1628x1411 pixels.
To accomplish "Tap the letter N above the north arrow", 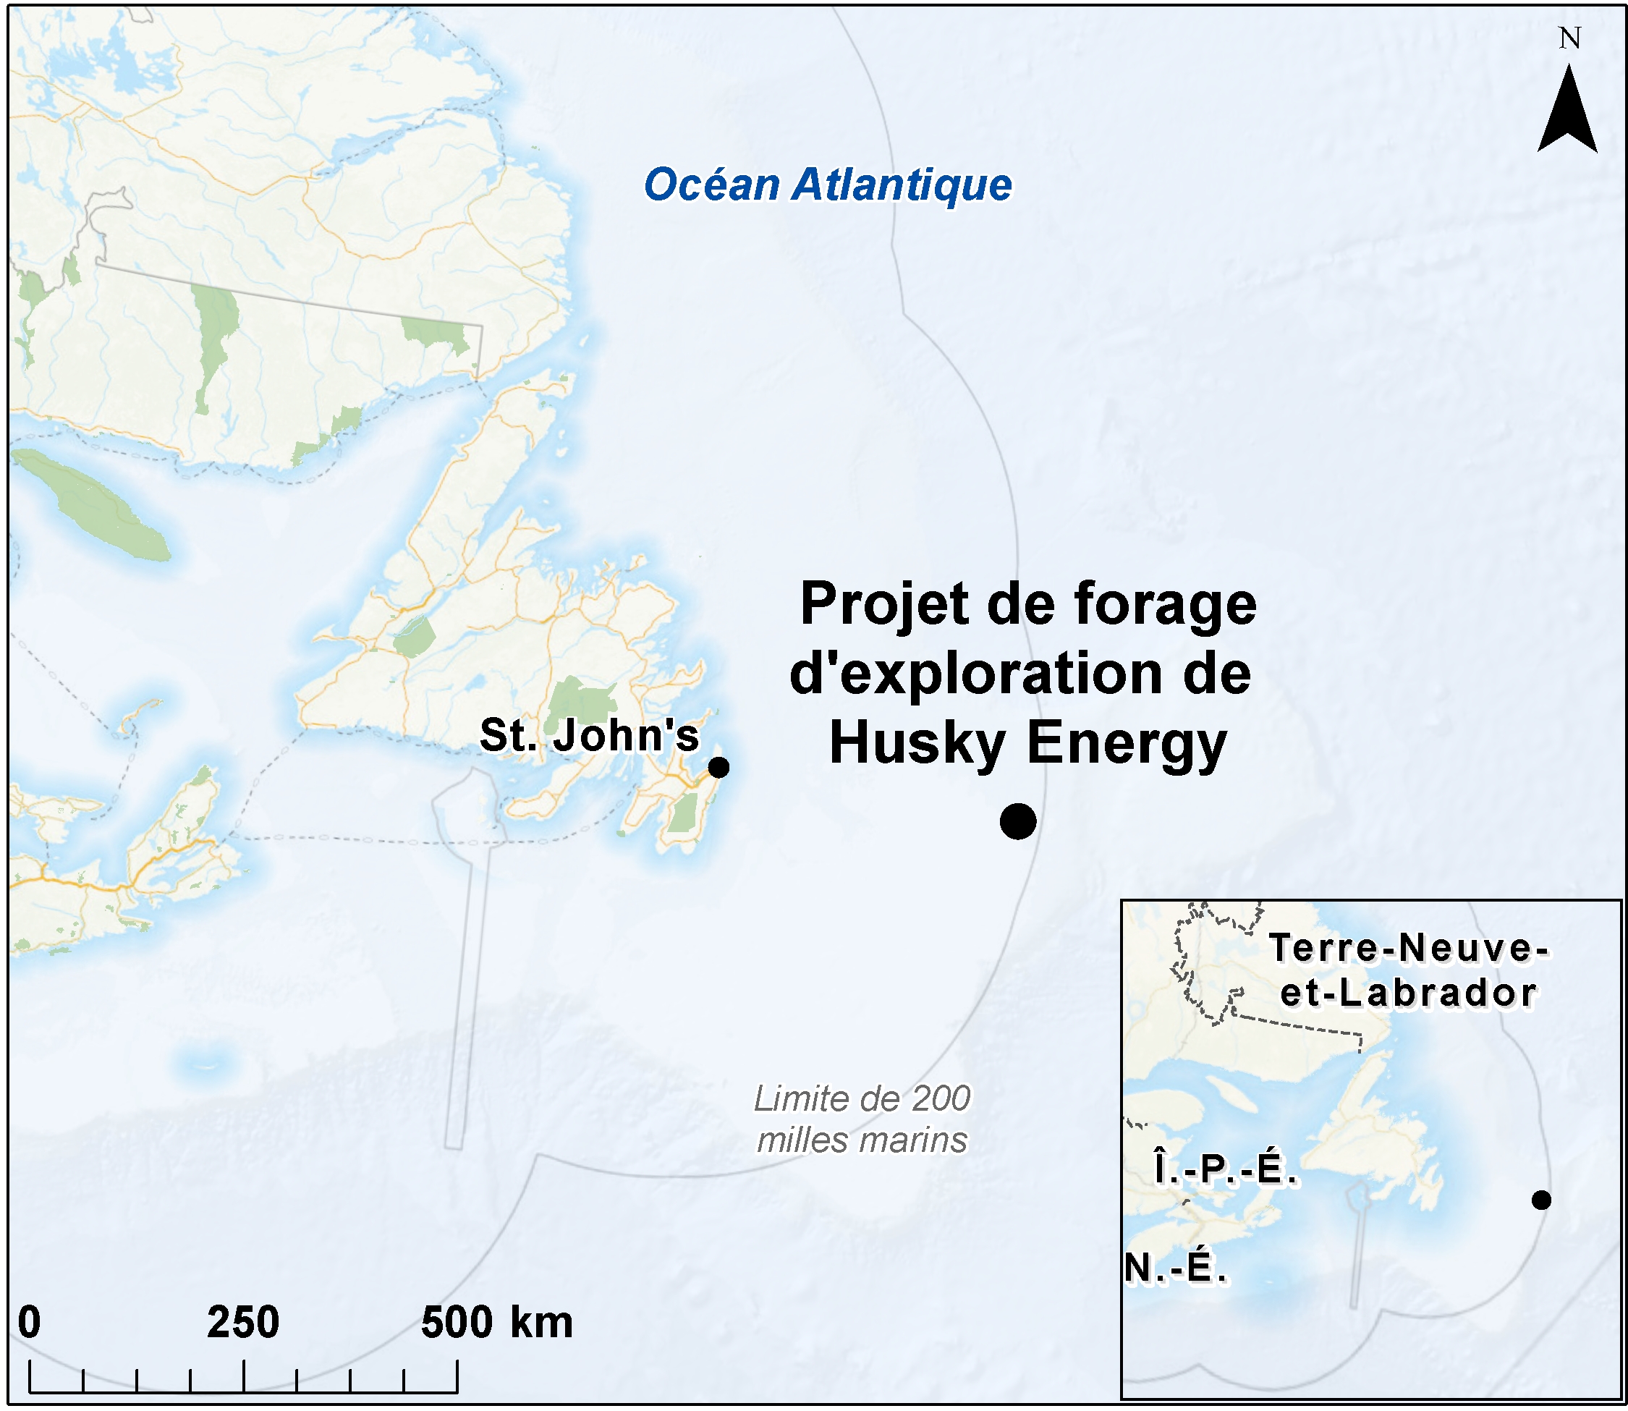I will coord(1569,38).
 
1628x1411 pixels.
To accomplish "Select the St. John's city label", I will coord(589,735).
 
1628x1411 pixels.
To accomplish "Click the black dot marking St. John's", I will coord(718,767).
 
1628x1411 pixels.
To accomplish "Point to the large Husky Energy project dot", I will coord(1017,821).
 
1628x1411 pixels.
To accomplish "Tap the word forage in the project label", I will coord(1164,605).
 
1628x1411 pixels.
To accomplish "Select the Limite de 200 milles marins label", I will coord(862,1119).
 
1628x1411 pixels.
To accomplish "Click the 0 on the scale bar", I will coord(29,1322).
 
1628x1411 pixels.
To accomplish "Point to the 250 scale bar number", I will coord(242,1322).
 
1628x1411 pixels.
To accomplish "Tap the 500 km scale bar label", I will coord(496,1322).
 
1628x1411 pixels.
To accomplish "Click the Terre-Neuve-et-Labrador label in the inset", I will coord(1408,970).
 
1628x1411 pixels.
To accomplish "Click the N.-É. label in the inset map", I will coord(1174,1268).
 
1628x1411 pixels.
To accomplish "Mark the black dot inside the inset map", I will coord(1540,1200).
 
